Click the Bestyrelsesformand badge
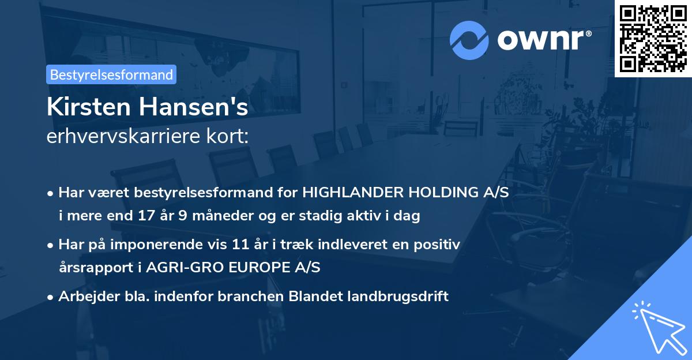point(111,74)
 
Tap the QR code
point(653,38)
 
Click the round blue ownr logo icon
point(469,40)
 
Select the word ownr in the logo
point(543,39)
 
